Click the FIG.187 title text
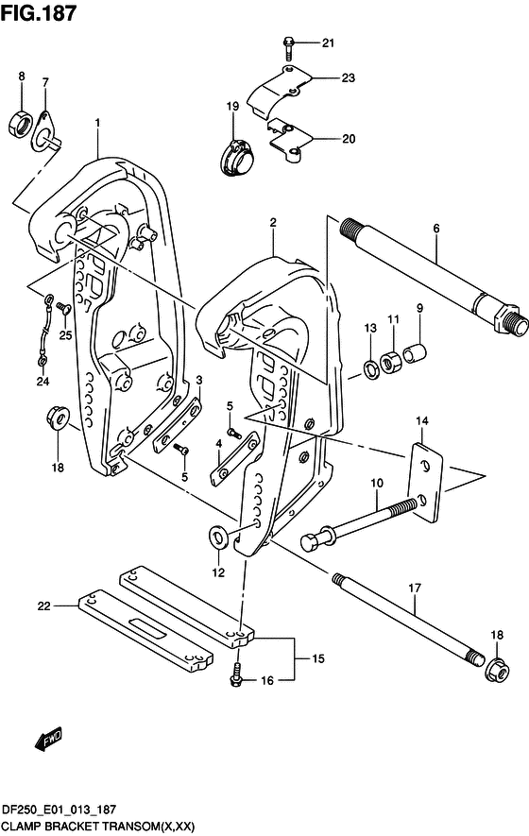39,13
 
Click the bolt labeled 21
288,48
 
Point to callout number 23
349,77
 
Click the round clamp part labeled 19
236,158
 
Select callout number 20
349,139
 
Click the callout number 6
436,229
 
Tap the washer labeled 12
218,537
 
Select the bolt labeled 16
234,674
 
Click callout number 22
43,606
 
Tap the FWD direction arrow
49,739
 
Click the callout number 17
415,589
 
